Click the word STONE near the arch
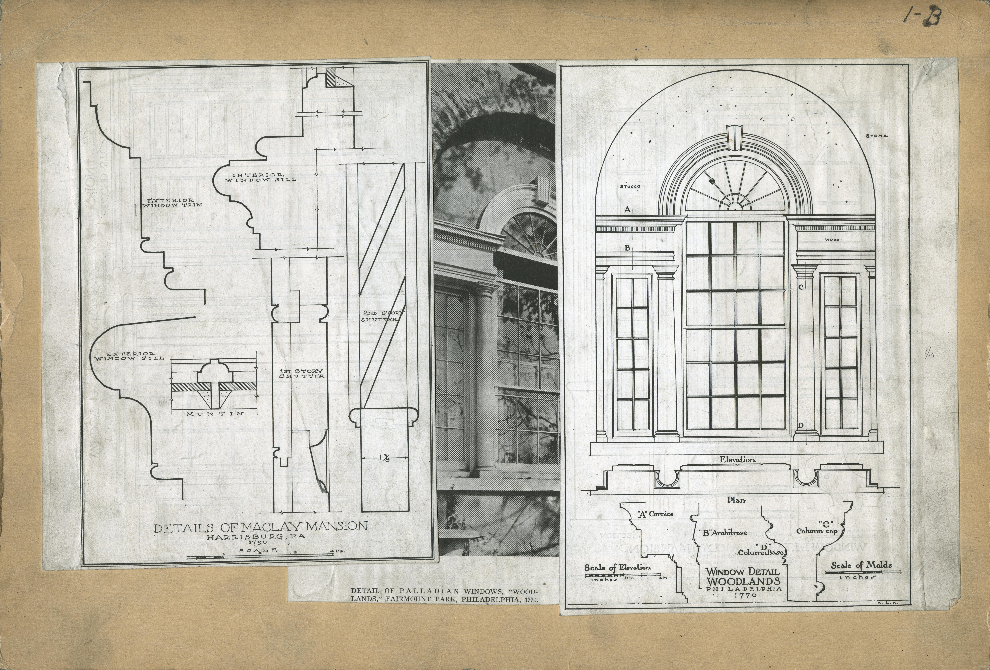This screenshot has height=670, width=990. (x=876, y=136)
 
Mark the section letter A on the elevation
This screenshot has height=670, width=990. (x=627, y=209)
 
